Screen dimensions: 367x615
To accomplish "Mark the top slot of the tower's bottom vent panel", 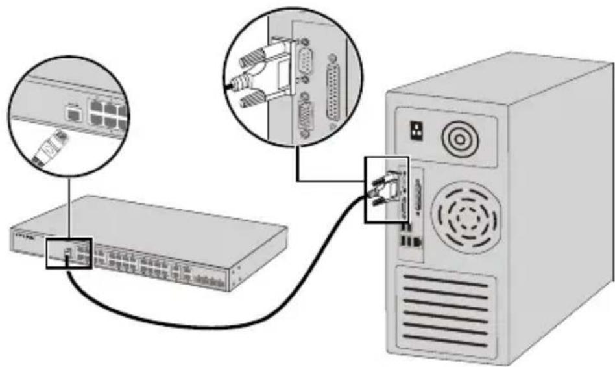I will [x=448, y=280].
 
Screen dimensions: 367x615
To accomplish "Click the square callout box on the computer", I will [x=387, y=188].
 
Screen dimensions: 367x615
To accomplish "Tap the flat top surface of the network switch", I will [x=169, y=221].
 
